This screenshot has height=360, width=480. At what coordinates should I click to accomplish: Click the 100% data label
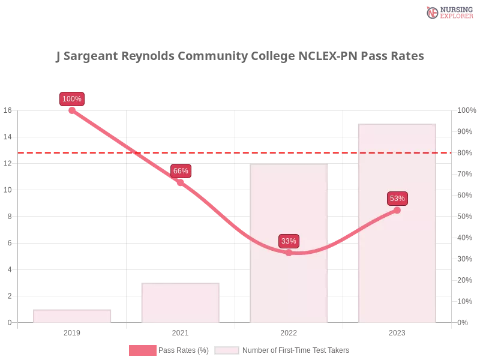pyautogui.click(x=72, y=99)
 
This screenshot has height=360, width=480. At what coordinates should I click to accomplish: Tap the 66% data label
pyautogui.click(x=181, y=171)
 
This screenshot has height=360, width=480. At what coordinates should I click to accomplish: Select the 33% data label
pyautogui.click(x=289, y=241)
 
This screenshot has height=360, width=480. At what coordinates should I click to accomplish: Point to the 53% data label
pyautogui.click(x=397, y=199)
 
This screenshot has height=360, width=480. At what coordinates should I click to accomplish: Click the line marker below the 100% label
pyautogui.click(x=72, y=110)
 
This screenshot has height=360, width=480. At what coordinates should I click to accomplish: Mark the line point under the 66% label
pyautogui.click(x=181, y=182)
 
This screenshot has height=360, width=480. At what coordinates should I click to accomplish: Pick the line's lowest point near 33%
pyautogui.click(x=289, y=253)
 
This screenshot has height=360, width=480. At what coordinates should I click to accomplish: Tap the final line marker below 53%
pyautogui.click(x=397, y=210)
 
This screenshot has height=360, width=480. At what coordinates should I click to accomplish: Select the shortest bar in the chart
pyautogui.click(x=72, y=316)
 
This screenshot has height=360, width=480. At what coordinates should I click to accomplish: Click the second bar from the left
pyautogui.click(x=180, y=301)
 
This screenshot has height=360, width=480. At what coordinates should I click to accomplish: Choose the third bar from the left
pyautogui.click(x=290, y=243)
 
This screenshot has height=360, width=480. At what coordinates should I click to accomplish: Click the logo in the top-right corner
pyautogui.click(x=449, y=12)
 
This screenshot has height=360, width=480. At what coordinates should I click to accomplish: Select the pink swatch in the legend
pyautogui.click(x=142, y=350)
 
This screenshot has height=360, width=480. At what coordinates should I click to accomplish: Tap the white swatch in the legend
pyautogui.click(x=227, y=350)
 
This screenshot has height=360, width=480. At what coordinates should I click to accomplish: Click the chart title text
pyautogui.click(x=240, y=57)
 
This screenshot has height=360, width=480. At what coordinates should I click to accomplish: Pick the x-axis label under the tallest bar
pyautogui.click(x=397, y=331)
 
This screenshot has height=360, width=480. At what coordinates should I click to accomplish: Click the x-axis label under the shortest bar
pyautogui.click(x=72, y=331)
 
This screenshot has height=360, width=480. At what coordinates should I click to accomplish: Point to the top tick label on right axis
pyautogui.click(x=466, y=110)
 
